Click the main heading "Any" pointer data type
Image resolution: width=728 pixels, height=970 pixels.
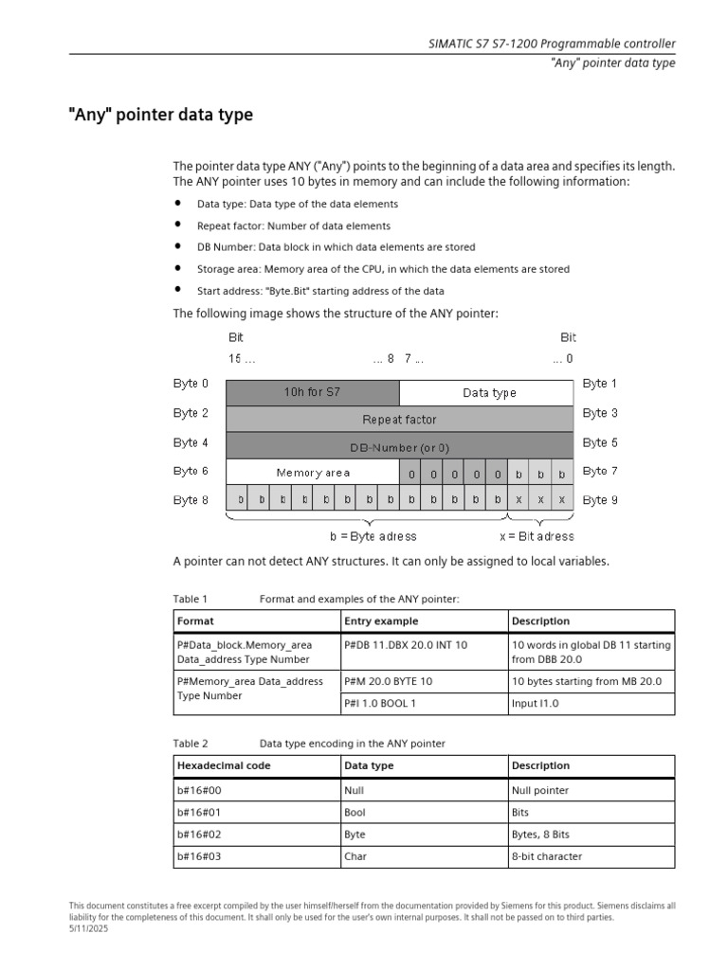160,115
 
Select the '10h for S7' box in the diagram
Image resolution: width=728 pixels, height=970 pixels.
313,392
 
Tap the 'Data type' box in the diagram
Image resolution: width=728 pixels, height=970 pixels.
489,392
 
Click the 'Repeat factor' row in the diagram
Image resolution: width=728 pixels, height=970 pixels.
399,419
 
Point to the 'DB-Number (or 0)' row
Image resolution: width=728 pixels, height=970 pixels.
399,446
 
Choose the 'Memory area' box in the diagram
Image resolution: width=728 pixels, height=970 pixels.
313,472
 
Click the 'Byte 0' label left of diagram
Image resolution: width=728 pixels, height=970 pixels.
191,384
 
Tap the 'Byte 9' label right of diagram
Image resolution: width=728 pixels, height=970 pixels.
600,500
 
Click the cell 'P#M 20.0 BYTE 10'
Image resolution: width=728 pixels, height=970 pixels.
389,681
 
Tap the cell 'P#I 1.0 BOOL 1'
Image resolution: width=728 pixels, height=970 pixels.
380,704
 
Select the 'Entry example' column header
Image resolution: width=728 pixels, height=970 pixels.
380,621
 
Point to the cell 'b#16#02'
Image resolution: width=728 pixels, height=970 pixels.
199,835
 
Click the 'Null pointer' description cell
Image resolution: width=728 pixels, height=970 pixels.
540,790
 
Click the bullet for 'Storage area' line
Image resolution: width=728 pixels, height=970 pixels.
176,268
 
